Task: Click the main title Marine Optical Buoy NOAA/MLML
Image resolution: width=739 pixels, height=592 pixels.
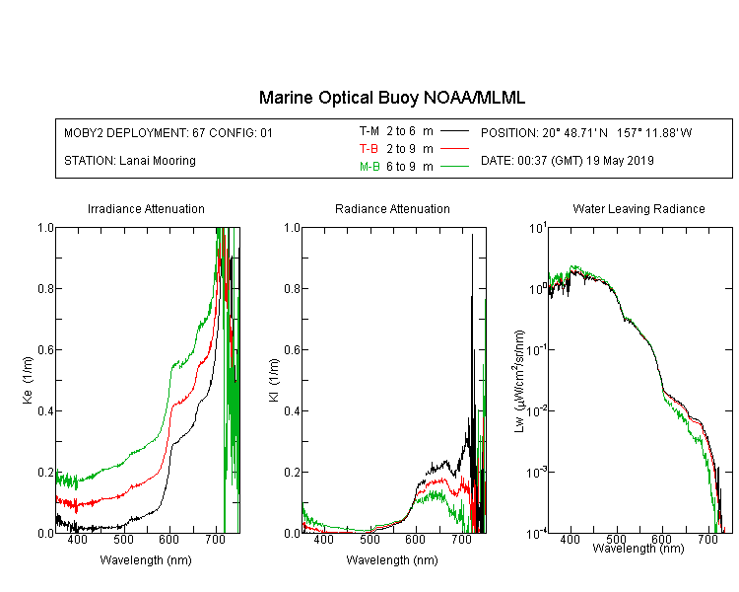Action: coord(391,98)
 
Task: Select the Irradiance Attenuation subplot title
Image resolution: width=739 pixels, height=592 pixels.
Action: coord(146,208)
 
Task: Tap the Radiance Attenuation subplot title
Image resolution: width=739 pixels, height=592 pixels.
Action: coord(392,208)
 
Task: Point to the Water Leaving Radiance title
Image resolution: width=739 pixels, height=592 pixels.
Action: coord(638,208)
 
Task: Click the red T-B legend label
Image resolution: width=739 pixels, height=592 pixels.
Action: coord(369,149)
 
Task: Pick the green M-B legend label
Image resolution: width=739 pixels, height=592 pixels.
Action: coord(369,167)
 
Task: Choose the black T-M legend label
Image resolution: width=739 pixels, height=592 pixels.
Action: coord(369,131)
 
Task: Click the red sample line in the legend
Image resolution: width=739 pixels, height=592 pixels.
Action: coord(454,149)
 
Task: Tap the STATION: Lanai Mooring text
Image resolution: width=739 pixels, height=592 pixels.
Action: coord(130,161)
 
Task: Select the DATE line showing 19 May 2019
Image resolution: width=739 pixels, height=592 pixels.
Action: coord(567,161)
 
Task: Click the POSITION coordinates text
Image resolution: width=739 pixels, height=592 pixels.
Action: coord(586,132)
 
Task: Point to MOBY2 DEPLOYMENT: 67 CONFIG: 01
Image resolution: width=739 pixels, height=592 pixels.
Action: coord(168,132)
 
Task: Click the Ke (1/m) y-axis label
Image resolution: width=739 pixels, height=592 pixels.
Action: coord(28,380)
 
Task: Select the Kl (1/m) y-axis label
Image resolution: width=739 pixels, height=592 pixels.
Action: coord(274,380)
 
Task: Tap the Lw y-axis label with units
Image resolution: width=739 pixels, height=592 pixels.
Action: coord(519,381)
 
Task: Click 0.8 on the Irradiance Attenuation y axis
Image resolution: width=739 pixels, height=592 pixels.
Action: coord(45,288)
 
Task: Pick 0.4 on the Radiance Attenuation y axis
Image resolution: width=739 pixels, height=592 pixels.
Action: coord(292,410)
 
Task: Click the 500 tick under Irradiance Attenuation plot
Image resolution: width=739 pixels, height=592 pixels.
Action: coord(123,539)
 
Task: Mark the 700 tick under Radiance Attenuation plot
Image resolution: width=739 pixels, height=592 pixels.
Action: coord(461,539)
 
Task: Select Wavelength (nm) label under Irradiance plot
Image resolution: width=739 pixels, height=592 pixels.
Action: coord(146,560)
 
